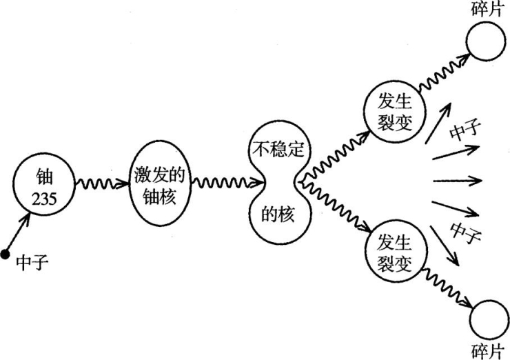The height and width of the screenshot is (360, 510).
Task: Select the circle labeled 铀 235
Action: pyautogui.click(x=44, y=184)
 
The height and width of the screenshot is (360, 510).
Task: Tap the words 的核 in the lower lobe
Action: pyautogui.click(x=278, y=214)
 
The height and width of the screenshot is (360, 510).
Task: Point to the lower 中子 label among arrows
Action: pyautogui.click(x=464, y=233)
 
